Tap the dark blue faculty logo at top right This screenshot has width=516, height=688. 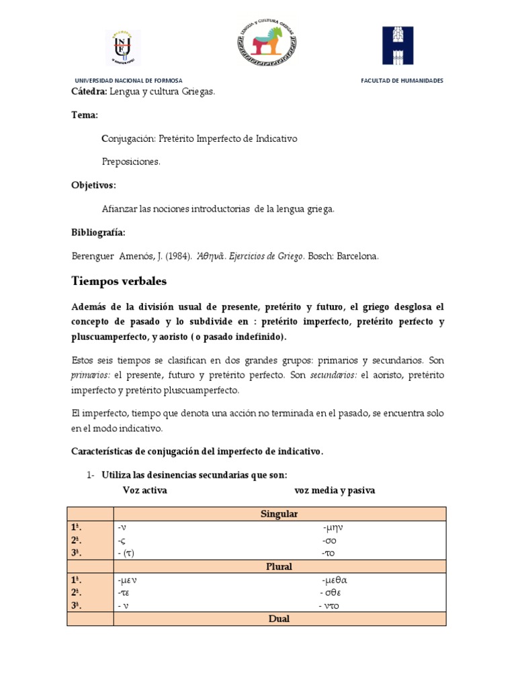coord(398,46)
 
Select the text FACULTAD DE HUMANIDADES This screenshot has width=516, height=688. coord(402,81)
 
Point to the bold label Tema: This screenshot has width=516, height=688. coord(85,115)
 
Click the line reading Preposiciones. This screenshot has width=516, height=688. coord(131,162)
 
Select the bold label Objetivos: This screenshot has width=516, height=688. coord(93,185)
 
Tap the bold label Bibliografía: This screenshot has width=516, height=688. coord(98,232)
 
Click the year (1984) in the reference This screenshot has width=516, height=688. coord(177,256)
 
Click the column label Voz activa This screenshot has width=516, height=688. coord(144,490)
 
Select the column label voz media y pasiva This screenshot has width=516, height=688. coord(335,490)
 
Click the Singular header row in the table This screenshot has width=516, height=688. coord(279,514)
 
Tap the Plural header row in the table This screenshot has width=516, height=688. coord(279,566)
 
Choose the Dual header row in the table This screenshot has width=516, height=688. coord(279,619)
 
